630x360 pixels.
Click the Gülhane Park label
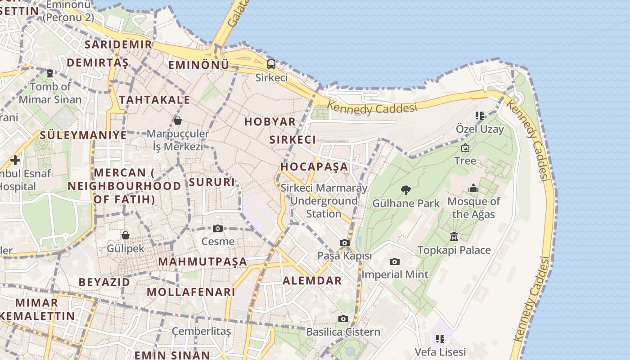pyautogui.click(x=405, y=203)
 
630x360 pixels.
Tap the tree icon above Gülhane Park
pyautogui.click(x=405, y=190)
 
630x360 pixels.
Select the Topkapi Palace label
pyautogui.click(x=454, y=250)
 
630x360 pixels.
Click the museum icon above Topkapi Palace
pyautogui.click(x=454, y=236)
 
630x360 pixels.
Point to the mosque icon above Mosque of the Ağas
pyautogui.click(x=473, y=188)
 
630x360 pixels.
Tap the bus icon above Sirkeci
pyautogui.click(x=271, y=64)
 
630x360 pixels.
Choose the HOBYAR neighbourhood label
pyautogui.click(x=270, y=121)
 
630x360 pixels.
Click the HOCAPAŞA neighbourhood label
pyautogui.click(x=315, y=166)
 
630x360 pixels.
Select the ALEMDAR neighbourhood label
pyautogui.click(x=312, y=281)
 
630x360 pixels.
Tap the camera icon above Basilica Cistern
pyautogui.click(x=343, y=319)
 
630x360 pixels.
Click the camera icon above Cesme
pyautogui.click(x=218, y=229)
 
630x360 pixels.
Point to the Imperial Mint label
pyautogui.click(x=395, y=274)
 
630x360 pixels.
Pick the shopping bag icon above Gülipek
pyautogui.click(x=126, y=235)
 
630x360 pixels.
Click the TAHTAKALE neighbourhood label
pyautogui.click(x=155, y=99)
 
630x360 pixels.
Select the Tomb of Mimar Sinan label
pyautogui.click(x=50, y=93)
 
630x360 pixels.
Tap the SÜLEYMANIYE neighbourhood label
pyautogui.click(x=83, y=135)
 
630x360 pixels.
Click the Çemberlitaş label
pyautogui.click(x=201, y=332)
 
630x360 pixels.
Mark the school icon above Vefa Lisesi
pyautogui.click(x=440, y=338)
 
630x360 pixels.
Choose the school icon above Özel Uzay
pyautogui.click(x=480, y=116)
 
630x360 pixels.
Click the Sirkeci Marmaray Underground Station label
pyautogui.click(x=324, y=201)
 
